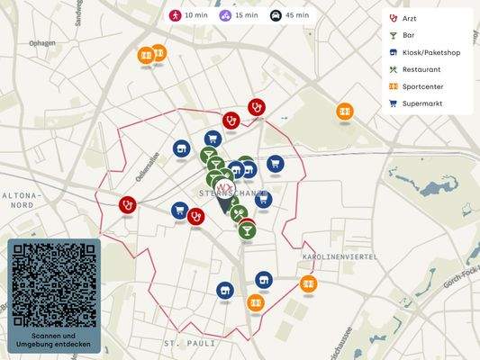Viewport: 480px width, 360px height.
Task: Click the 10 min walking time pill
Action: click(188, 15)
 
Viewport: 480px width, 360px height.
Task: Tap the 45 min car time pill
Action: click(290, 15)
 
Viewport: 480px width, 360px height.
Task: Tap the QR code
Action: click(54, 284)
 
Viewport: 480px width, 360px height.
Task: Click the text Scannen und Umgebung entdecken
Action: click(54, 339)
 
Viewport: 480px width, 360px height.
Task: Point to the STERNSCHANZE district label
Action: click(231, 193)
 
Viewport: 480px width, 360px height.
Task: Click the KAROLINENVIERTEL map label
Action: click(337, 256)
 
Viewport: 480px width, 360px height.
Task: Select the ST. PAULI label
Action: click(185, 344)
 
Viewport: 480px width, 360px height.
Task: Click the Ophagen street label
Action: click(41, 42)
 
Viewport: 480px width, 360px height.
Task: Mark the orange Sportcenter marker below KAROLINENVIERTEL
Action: click(309, 284)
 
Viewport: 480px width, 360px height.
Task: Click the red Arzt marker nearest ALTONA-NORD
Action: click(128, 204)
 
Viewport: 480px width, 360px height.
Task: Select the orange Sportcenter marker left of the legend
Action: click(345, 111)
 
